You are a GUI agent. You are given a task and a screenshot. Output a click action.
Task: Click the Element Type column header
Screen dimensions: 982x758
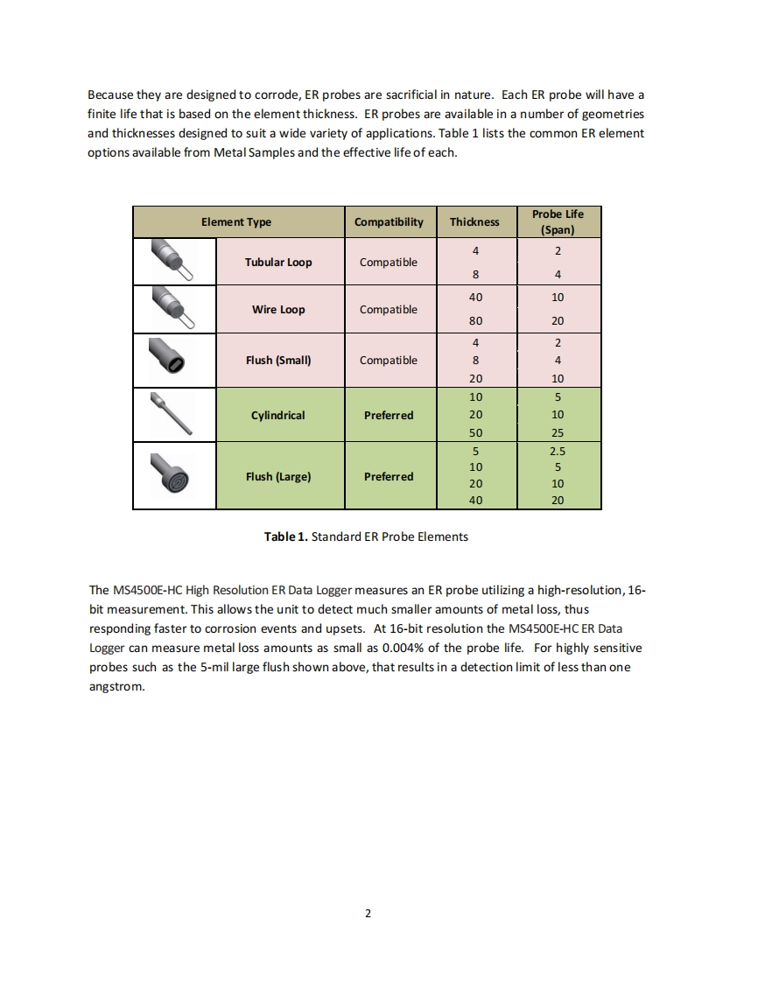236,222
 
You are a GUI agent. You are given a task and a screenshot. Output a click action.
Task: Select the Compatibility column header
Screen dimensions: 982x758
389,222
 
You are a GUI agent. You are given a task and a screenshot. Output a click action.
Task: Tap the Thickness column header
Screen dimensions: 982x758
474,222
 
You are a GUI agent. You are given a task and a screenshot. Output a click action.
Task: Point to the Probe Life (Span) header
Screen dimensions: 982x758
558,222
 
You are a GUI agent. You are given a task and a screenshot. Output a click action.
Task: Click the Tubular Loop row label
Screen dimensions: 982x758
278,263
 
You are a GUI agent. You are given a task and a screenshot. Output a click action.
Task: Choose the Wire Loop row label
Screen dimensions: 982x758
278,310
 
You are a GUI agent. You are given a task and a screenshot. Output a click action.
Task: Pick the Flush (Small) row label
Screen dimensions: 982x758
278,361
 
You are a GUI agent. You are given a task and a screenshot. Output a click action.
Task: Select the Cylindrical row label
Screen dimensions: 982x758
278,415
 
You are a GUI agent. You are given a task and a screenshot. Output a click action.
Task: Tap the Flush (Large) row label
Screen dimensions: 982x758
278,477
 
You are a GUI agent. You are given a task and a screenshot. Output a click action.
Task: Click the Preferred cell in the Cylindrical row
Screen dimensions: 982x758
389,415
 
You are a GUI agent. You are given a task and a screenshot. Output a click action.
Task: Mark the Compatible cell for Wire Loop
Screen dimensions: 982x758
389,310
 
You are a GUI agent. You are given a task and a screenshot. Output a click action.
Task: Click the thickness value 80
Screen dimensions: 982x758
475,321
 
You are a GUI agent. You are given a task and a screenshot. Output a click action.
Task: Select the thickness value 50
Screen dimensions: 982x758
475,433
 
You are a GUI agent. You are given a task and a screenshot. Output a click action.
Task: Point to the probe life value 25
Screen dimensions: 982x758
558,433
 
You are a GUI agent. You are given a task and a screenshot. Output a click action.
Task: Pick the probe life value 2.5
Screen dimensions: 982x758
558,452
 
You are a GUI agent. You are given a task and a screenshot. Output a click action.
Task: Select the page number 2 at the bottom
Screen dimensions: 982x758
368,914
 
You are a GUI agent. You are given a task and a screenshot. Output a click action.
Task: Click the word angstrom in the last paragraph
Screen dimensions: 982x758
116,687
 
